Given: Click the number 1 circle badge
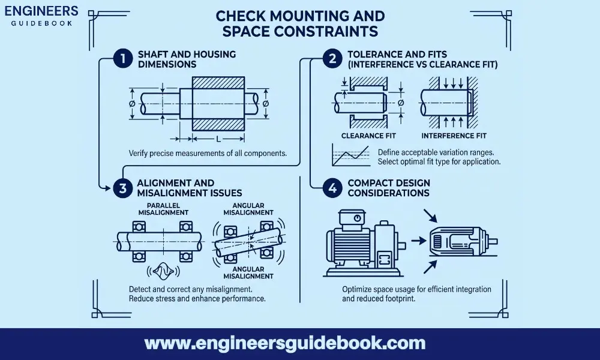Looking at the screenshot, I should pos(122,59).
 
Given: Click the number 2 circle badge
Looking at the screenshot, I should pos(331,59).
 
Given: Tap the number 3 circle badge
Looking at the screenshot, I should pos(122,188).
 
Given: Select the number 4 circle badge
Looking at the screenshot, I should pos(331,188).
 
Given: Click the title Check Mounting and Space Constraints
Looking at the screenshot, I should pos(300,22).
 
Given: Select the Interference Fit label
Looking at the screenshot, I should pos(451,135).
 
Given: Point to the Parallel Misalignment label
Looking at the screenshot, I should pos(164,208).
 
